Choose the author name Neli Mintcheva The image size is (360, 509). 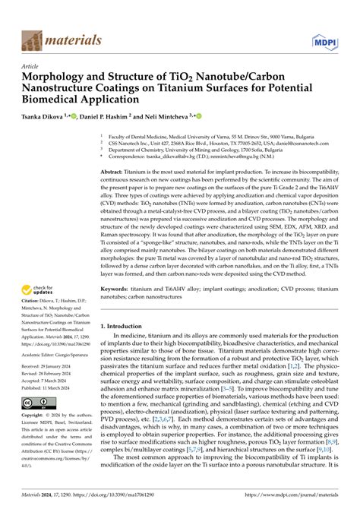tap(171, 117)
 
